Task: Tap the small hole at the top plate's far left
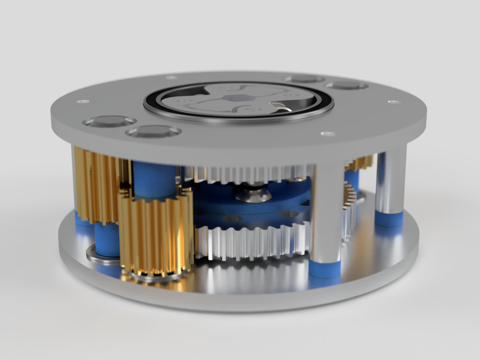click(x=83, y=102)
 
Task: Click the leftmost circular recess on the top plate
click(x=109, y=121)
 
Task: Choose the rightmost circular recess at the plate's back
click(x=346, y=85)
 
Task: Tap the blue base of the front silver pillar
click(x=325, y=268)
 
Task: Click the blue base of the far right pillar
click(x=389, y=219)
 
